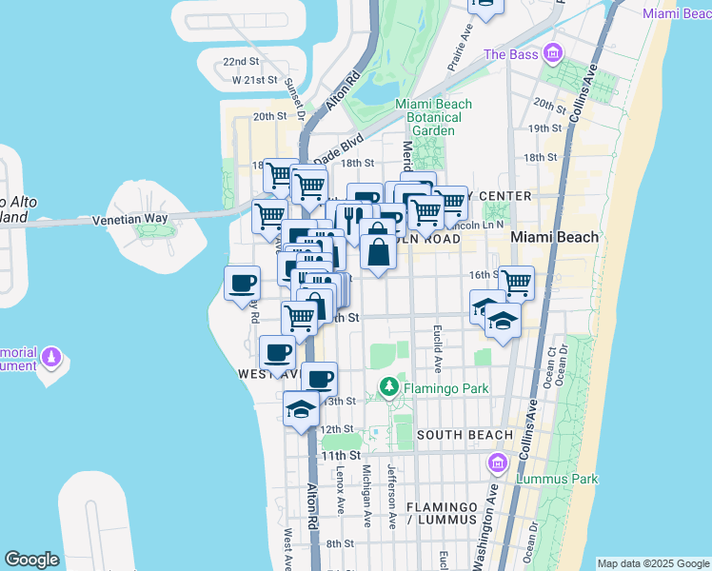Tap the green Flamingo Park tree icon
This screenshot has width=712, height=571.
pos(388,386)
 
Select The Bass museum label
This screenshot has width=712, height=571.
pos(510,54)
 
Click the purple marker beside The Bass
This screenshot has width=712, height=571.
pos(551,53)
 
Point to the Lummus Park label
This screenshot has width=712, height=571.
pos(556,480)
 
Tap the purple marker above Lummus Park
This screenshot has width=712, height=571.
pos(496,463)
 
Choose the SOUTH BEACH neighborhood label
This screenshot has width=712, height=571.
pos(465,435)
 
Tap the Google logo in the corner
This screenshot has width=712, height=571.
pos(31,560)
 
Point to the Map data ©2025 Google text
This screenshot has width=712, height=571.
pos(653,563)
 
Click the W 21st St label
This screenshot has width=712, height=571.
pos(254,81)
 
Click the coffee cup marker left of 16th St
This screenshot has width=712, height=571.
pos(242,283)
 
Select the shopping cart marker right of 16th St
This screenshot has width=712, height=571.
pos(516,282)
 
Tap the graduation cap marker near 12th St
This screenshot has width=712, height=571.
pos(301,410)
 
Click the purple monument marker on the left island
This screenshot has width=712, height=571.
pos(51,359)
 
